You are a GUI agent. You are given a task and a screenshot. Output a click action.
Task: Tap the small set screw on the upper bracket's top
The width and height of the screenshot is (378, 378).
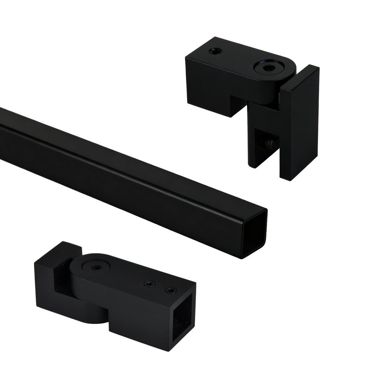click(215, 51)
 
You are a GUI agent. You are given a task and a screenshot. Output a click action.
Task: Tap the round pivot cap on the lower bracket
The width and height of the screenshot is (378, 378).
click(96, 267)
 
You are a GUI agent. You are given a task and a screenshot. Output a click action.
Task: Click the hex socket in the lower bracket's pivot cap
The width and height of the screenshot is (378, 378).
click(96, 267)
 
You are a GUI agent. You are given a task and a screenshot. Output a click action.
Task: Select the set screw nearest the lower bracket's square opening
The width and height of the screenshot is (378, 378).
click(171, 290)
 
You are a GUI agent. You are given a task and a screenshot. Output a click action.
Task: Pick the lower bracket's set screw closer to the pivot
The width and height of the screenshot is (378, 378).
click(150, 283)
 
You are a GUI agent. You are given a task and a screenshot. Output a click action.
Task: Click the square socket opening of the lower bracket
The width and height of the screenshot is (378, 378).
click(182, 317)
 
